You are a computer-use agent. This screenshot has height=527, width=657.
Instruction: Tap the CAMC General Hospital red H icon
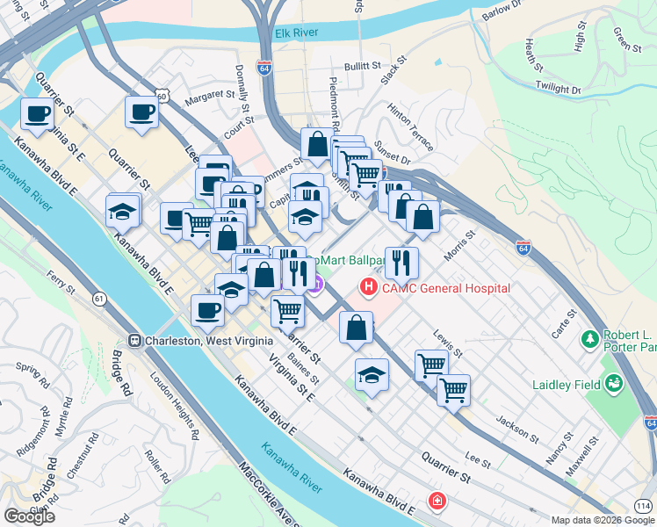(368, 287)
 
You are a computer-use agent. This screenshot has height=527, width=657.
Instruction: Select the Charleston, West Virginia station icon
(135, 341)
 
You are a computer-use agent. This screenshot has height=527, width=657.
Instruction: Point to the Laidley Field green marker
(613, 384)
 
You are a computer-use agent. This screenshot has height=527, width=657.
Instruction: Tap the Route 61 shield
(99, 299)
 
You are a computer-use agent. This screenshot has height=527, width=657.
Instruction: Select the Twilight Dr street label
(558, 88)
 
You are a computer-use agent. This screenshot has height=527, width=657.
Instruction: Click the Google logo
(30, 516)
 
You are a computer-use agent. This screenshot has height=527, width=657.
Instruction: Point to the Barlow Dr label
(501, 14)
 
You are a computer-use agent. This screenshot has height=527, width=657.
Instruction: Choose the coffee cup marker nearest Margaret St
(142, 112)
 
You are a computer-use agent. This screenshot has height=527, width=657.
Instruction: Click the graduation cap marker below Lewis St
(372, 375)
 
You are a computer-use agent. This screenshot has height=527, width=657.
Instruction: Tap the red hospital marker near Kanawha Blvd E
(436, 501)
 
